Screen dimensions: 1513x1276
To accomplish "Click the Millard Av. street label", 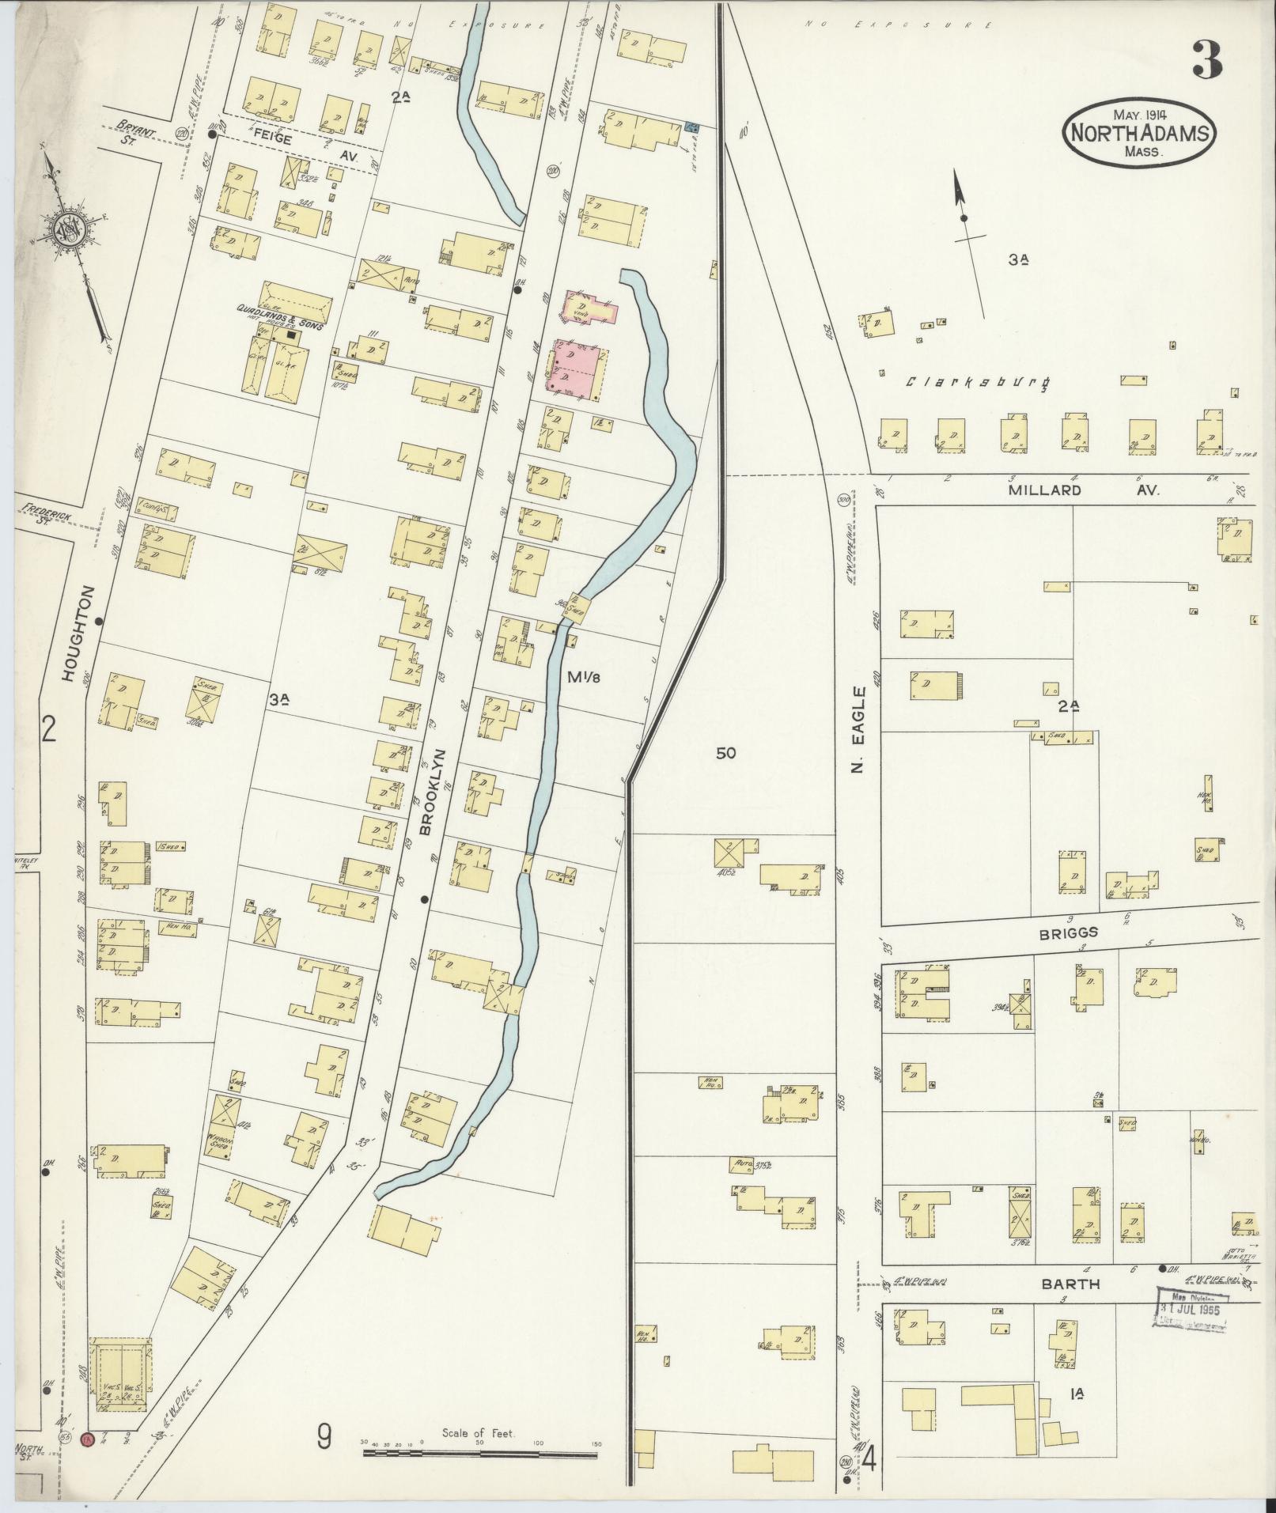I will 1083,490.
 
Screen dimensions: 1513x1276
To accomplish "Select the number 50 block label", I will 725,754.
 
